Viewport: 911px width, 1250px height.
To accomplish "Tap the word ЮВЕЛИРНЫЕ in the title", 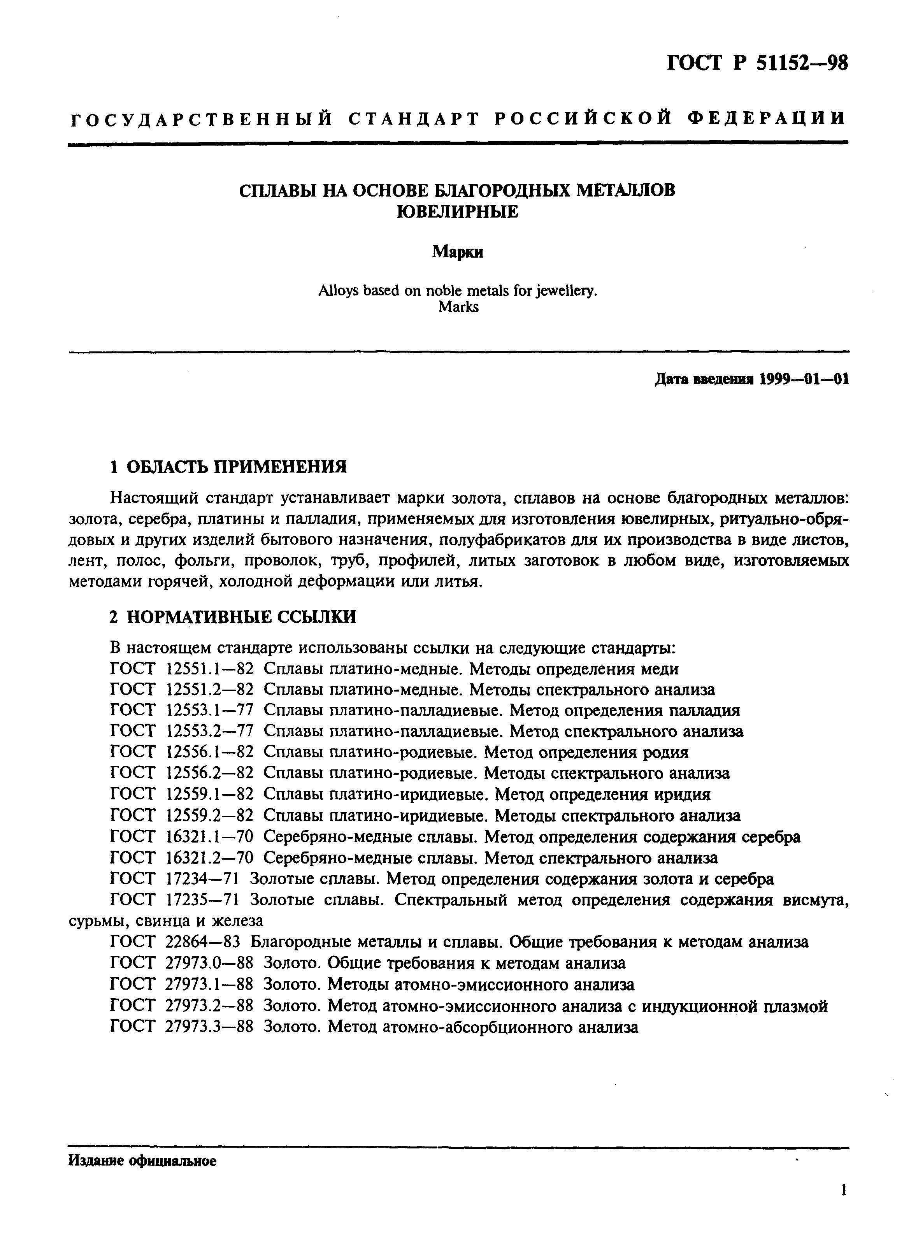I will tap(457, 211).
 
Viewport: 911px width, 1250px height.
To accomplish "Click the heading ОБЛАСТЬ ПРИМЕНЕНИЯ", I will tap(237, 467).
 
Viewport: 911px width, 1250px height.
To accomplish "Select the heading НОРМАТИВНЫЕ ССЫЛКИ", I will tap(241, 616).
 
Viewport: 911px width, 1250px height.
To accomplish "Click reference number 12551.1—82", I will tap(209, 669).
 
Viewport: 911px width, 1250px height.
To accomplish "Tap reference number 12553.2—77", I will tap(209, 731).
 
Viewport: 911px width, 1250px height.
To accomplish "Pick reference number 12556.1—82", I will tap(209, 752).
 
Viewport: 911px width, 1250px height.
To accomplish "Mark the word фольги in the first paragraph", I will tap(201, 561).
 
